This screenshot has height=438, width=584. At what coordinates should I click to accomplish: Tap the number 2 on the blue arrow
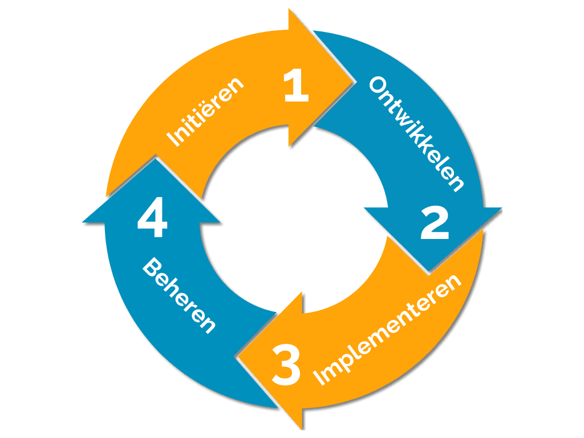click(435, 224)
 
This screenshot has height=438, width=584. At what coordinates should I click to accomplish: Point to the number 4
click(152, 222)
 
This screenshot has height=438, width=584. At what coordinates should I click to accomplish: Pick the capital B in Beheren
click(150, 266)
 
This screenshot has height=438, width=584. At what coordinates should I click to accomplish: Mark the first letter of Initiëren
click(169, 140)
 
